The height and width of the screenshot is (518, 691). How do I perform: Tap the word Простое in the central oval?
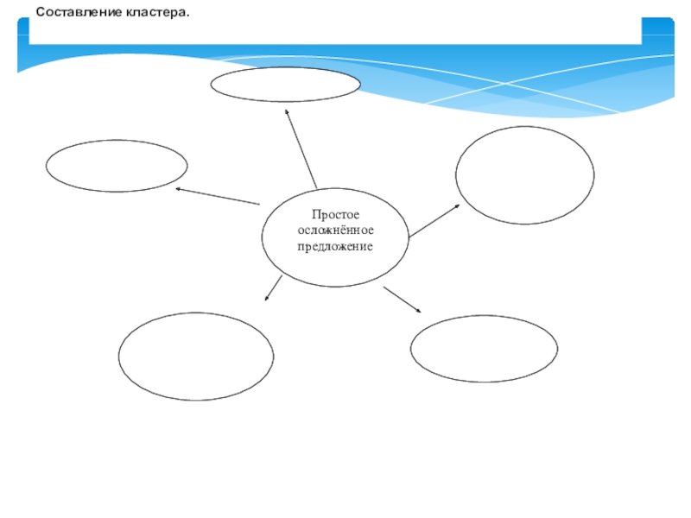pyautogui.click(x=335, y=215)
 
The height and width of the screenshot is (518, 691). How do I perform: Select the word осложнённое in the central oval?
pyautogui.click(x=335, y=231)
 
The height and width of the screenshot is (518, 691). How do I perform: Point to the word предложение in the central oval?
pyautogui.click(x=335, y=247)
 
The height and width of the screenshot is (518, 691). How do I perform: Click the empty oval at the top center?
pyautogui.click(x=285, y=85)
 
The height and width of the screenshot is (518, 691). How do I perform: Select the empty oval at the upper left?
pyautogui.click(x=117, y=166)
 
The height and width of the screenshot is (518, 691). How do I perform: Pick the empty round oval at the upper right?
pyautogui.click(x=524, y=175)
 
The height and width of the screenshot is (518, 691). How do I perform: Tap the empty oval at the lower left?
pyautogui.click(x=196, y=357)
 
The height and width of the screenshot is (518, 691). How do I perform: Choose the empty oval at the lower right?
pyautogui.click(x=484, y=349)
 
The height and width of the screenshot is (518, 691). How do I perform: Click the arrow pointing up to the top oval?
pyautogui.click(x=301, y=148)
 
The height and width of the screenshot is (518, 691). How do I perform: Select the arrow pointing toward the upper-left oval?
pyautogui.click(x=217, y=196)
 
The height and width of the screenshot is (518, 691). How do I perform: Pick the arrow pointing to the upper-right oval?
pyautogui.click(x=435, y=221)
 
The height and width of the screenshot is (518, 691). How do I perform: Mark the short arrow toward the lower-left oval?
pyautogui.click(x=273, y=289)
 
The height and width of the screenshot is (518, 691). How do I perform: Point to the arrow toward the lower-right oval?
pyautogui.click(x=402, y=299)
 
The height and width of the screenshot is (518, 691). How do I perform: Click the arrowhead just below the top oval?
pyautogui.click(x=288, y=111)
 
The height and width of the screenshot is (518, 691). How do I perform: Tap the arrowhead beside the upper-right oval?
pyautogui.click(x=460, y=207)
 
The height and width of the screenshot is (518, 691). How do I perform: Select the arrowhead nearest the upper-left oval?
pyautogui.click(x=178, y=188)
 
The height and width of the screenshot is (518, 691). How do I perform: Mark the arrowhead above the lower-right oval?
pyautogui.click(x=418, y=310)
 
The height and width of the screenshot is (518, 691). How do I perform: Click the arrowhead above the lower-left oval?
pyautogui.click(x=266, y=299)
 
